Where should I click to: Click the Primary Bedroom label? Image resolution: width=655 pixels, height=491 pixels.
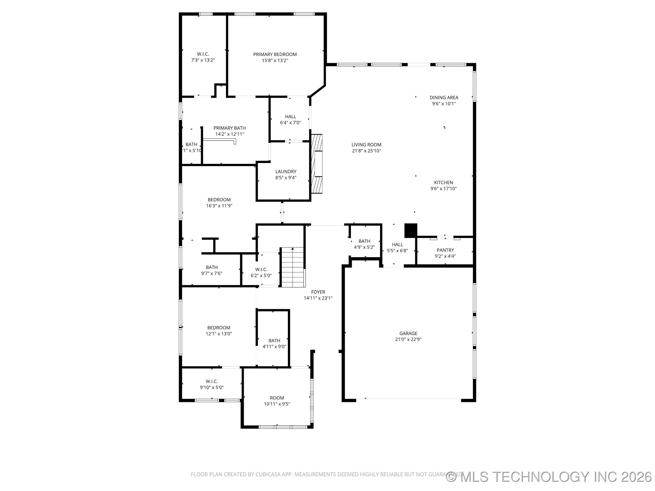coord(275,55)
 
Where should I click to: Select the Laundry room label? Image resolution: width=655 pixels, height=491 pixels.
coord(286,172)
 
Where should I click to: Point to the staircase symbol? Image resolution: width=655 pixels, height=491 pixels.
coord(292,267)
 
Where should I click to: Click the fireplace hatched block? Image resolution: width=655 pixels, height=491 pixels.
coord(317,164)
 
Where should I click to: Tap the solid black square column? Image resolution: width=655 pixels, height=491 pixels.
coord(411,230)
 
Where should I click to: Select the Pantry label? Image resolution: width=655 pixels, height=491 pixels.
coord(445,250)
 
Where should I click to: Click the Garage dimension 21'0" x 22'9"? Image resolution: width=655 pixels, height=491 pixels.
coord(408,339)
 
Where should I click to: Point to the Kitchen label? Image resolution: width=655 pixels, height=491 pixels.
coord(443,183)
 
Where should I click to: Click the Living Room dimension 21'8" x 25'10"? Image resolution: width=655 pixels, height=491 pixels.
coord(366,151)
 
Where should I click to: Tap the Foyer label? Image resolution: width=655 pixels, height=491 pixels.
coord(318,292)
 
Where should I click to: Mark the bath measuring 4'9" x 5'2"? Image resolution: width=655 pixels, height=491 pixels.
coord(364,244)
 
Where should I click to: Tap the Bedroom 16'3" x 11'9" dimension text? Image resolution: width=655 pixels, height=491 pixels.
coord(219,206)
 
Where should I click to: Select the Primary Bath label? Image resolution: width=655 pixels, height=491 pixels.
coord(229,128)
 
